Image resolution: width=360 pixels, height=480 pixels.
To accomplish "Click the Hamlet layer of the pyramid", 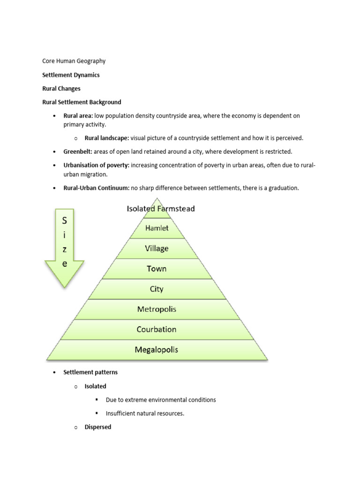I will [157, 228].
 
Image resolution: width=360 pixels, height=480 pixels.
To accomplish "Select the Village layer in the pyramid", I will [157, 248].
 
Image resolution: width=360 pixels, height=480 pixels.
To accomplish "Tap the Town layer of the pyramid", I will [157, 269].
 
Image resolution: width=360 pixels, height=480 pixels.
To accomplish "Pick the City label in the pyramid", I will [157, 289].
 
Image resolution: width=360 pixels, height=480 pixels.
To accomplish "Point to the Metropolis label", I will [157, 309].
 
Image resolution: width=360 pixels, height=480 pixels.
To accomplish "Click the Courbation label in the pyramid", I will [157, 329].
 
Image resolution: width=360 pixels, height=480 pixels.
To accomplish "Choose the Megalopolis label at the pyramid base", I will [157, 350].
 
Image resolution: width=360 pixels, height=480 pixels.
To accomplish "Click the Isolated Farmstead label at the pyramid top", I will [161, 209].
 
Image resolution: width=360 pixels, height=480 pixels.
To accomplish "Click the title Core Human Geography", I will [74, 61].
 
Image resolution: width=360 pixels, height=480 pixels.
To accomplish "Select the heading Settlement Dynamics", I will [71, 75].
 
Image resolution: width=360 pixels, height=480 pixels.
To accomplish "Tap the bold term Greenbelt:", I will [78, 151].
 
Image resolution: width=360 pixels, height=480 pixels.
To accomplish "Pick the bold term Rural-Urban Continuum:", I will [96, 188].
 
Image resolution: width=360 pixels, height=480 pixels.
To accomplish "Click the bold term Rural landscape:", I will [106, 138].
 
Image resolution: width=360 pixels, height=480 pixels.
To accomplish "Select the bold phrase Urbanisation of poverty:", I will [97, 165].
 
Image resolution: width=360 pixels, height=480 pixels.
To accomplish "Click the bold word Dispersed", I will [97, 427].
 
